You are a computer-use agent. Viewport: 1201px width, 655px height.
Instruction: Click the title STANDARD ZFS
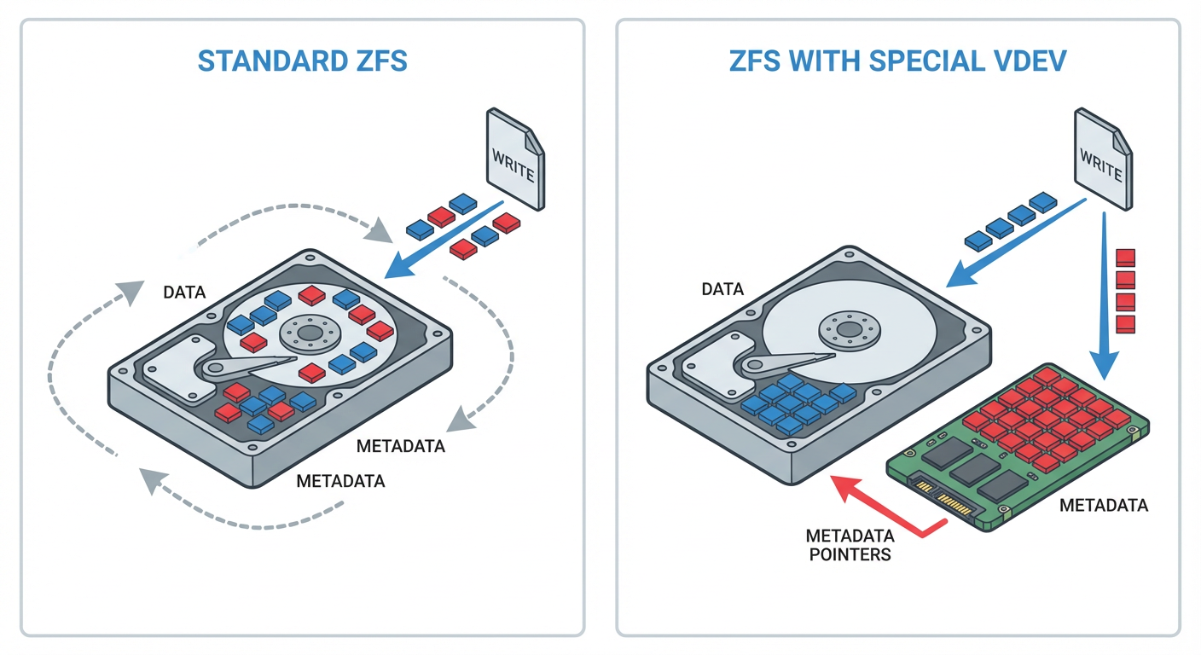pyautogui.click(x=303, y=61)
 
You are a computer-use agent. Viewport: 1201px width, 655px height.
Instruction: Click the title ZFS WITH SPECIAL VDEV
pyautogui.click(x=898, y=61)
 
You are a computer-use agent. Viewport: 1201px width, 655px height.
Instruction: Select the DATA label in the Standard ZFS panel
pyautogui.click(x=184, y=293)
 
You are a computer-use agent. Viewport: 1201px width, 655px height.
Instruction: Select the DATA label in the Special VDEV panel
pyautogui.click(x=722, y=290)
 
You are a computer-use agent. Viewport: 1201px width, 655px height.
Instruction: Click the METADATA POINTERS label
pyautogui.click(x=850, y=545)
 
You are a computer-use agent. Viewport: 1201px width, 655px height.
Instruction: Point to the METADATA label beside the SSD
pyautogui.click(x=1103, y=506)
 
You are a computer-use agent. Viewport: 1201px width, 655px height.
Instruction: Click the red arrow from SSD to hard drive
pyautogui.click(x=887, y=508)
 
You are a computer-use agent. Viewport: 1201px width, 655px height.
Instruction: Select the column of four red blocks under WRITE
pyautogui.click(x=1126, y=290)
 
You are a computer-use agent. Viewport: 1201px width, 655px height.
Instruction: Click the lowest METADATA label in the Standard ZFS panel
pyautogui.click(x=340, y=481)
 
